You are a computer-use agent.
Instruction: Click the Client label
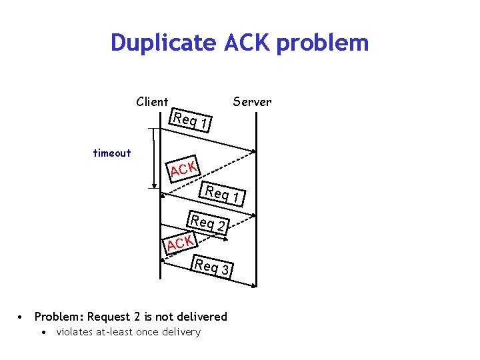(x=152, y=101)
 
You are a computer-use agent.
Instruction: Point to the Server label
(x=252, y=101)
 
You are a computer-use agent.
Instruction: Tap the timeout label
(x=112, y=153)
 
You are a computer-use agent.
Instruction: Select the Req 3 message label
(x=212, y=267)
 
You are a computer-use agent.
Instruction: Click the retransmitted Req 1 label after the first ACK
(x=225, y=194)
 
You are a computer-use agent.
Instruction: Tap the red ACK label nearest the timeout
(x=183, y=169)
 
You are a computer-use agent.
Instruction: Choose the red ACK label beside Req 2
(x=180, y=243)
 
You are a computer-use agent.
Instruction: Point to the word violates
(x=75, y=332)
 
